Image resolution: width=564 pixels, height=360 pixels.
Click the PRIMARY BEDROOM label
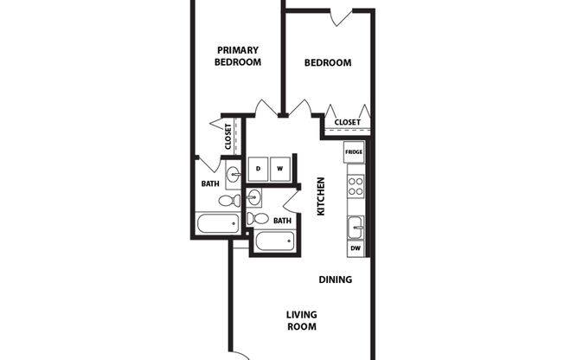(x=238, y=56)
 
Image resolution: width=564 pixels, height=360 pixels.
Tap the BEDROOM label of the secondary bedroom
(x=329, y=62)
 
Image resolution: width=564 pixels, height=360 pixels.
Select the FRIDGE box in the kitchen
(x=354, y=152)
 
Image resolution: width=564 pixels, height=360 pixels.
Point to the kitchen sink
(x=355, y=228)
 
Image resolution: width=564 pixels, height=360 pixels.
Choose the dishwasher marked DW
(x=355, y=248)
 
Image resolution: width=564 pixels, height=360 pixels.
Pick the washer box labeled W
(x=280, y=168)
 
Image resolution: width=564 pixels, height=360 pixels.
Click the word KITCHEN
(x=321, y=196)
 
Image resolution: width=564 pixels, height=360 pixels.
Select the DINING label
(x=335, y=280)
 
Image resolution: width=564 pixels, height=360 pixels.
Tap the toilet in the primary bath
(x=228, y=201)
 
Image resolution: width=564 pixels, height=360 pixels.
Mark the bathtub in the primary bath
(x=217, y=224)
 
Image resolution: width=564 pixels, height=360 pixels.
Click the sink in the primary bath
(x=234, y=177)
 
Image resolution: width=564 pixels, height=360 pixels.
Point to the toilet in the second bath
(x=255, y=218)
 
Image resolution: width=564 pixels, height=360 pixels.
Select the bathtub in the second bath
(x=275, y=241)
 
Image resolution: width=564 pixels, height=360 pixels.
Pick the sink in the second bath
(x=253, y=196)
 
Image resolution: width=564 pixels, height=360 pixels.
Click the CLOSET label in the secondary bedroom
(x=347, y=122)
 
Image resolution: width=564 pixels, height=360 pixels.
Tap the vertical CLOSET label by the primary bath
(x=228, y=137)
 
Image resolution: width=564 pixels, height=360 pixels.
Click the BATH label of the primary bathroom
(x=210, y=183)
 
